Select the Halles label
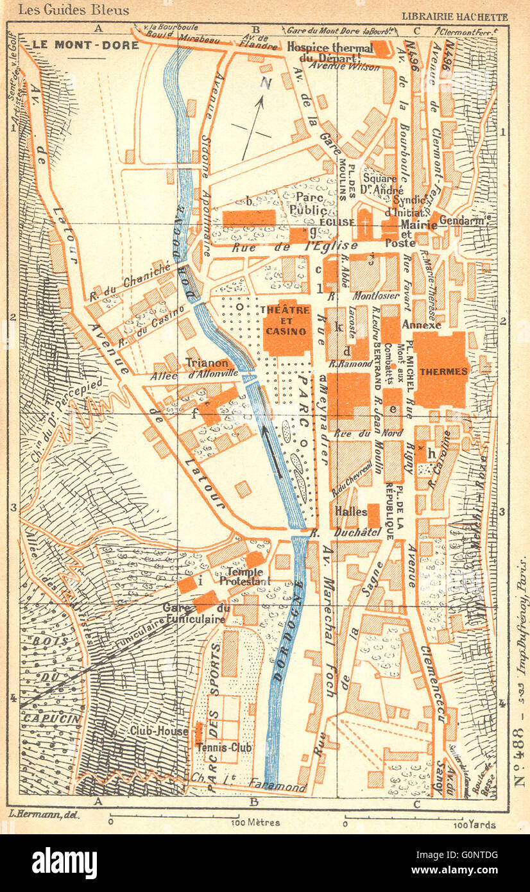[350, 511]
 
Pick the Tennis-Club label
[224, 748]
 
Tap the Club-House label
[158, 730]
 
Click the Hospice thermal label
[329, 48]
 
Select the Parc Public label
[311, 203]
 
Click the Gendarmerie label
[463, 219]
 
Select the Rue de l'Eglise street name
[286, 246]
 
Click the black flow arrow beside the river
[271, 452]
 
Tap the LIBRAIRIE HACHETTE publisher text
[454, 17]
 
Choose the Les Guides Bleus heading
[74, 10]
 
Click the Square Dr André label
[384, 184]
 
